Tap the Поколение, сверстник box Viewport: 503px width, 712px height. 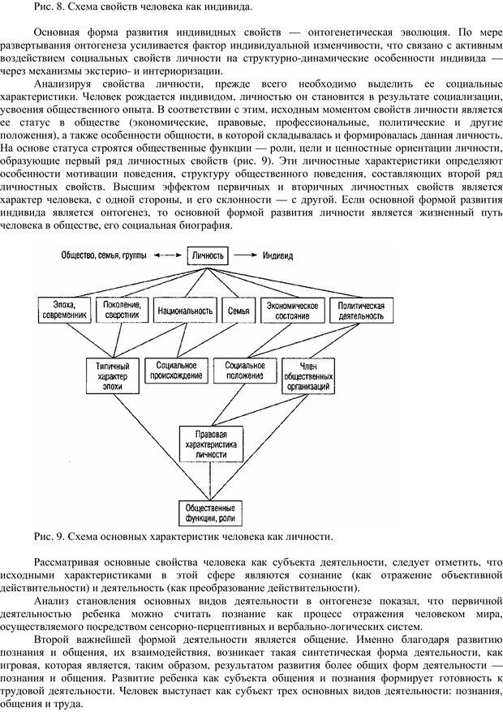122,310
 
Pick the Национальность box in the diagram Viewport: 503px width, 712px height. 183,310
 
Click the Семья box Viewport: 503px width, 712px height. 234,310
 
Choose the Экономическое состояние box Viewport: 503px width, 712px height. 290,310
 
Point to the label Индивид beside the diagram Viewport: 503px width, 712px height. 278,255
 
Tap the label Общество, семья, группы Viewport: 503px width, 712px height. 103,255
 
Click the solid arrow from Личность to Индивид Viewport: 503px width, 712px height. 245,255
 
